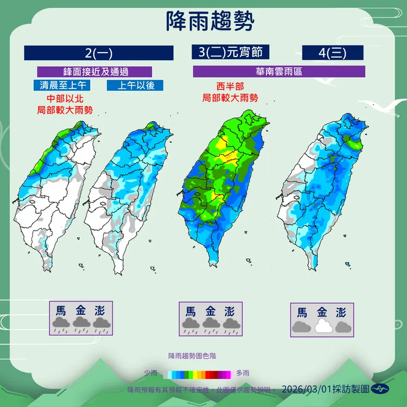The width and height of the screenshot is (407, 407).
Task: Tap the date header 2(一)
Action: (x=99, y=53)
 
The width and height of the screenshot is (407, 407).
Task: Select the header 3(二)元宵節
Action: (x=231, y=52)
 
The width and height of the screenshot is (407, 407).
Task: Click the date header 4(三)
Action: (x=332, y=53)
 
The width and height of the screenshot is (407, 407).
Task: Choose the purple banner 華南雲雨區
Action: (x=279, y=71)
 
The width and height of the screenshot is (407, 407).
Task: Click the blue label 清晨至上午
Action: (x=60, y=85)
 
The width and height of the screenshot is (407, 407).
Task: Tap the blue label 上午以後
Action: (x=131, y=85)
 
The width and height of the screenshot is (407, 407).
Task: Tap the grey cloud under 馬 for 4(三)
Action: (x=302, y=327)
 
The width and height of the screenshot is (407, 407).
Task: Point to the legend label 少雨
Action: (x=150, y=373)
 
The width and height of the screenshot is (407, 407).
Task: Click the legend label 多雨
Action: (x=243, y=373)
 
